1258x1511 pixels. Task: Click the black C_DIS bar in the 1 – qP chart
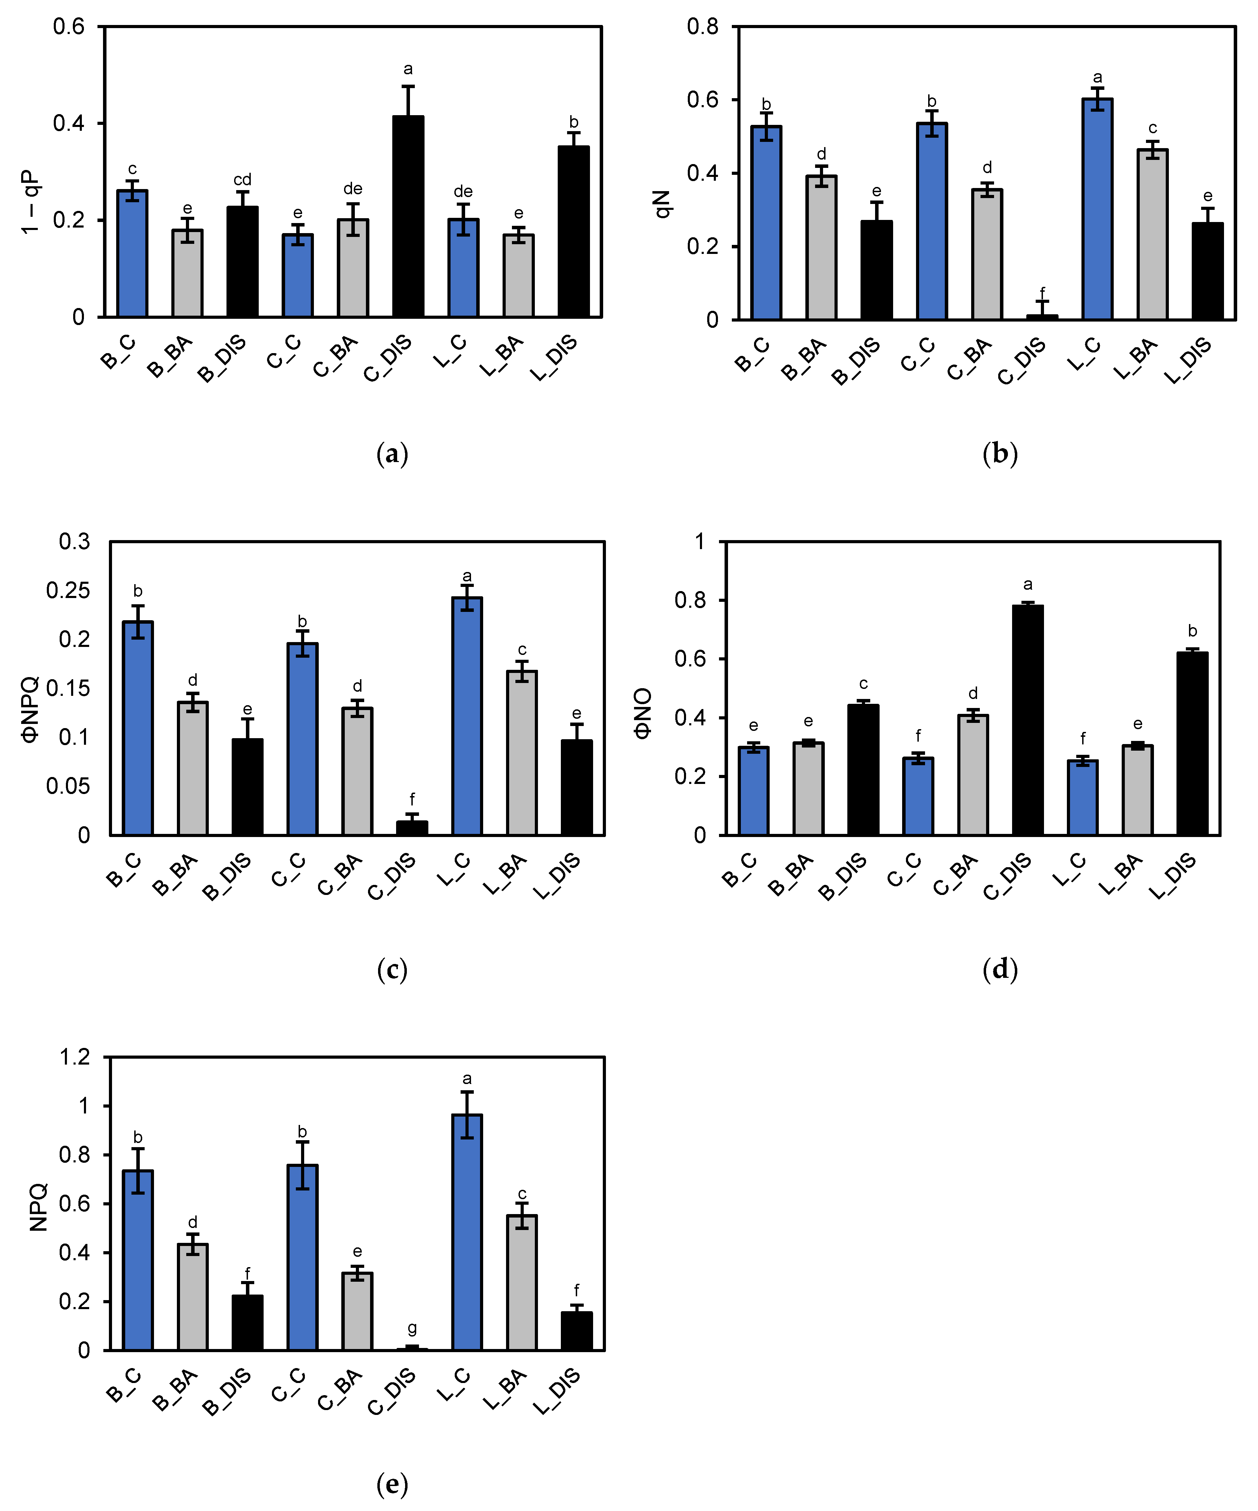408,216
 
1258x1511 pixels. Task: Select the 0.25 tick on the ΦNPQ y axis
68,590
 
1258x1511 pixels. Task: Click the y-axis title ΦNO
642,712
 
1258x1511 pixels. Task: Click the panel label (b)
1000,453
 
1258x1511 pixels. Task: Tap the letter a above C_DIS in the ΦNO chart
1028,584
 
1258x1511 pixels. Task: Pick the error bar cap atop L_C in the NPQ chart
467,1092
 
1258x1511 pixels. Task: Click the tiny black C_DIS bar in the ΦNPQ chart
412,827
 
